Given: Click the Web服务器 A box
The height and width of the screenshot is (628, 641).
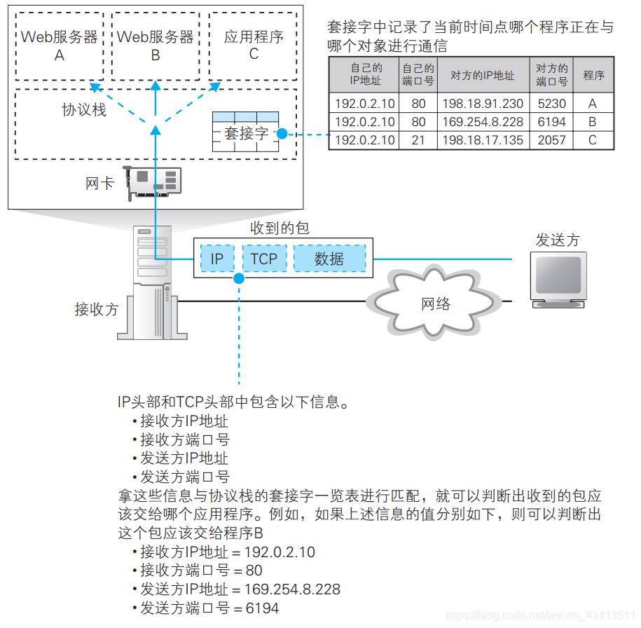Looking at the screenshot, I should point(60,46).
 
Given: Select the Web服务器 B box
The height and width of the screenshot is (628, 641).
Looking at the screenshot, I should point(156,46).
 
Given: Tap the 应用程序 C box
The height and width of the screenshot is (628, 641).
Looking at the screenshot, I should point(253,46).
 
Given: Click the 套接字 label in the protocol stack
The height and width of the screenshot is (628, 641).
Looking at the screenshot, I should point(246,133).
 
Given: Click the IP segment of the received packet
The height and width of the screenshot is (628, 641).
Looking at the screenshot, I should point(217,259).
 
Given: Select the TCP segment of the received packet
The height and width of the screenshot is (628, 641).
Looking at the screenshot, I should point(264,259).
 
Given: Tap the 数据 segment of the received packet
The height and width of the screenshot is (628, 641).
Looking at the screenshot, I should point(329,259).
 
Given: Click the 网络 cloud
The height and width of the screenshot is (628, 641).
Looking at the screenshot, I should point(434,303).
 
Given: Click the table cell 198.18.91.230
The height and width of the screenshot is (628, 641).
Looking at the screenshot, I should point(483,104).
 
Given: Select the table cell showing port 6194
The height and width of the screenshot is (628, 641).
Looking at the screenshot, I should point(551,122).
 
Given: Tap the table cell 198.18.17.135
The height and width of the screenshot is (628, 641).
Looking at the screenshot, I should point(483,140).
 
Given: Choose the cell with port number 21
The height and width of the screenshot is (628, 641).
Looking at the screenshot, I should point(418,140).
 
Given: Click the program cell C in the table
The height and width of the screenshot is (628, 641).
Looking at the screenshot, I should point(593,140).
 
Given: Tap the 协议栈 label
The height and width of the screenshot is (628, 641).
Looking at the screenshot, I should point(84,110).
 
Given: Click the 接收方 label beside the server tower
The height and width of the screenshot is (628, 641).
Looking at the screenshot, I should point(97,309).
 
